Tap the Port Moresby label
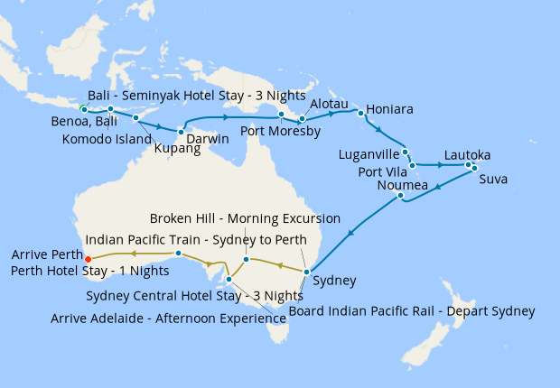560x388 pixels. click(x=280, y=131)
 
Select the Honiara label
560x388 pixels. click(x=391, y=109)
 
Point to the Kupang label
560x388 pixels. click(x=176, y=149)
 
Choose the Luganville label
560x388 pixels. click(x=368, y=154)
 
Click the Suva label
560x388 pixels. click(x=492, y=179)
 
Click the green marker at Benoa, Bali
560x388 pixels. click(x=83, y=109)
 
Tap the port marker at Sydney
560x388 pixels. click(x=307, y=272)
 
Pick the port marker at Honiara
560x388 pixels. click(x=360, y=113)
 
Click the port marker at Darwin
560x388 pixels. click(x=181, y=133)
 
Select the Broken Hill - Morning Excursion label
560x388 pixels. click(x=244, y=218)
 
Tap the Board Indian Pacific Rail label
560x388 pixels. click(x=411, y=311)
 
